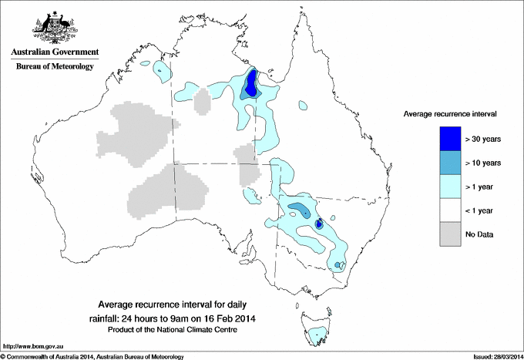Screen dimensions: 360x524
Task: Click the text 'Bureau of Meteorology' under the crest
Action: (x=55, y=67)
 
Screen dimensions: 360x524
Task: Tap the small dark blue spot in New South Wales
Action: (x=319, y=224)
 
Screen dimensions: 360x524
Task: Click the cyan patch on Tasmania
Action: (x=317, y=335)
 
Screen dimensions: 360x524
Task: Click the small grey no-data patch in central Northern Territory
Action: (x=203, y=100)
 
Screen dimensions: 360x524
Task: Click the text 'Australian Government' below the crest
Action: (x=55, y=52)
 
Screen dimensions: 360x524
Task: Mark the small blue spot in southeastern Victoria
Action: (x=338, y=265)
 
